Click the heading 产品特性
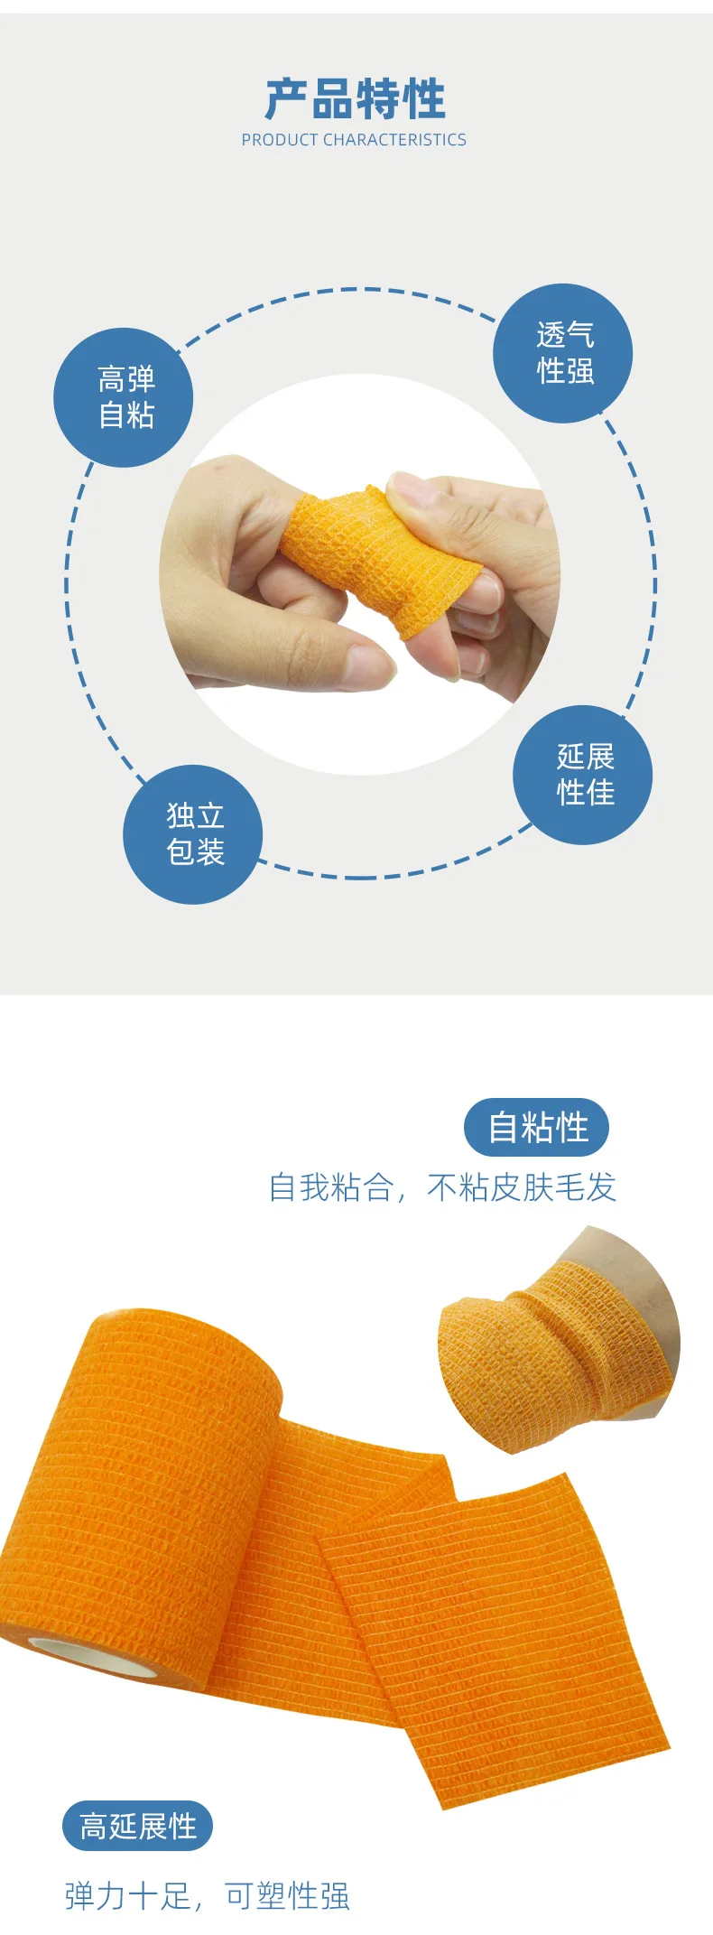coord(356,98)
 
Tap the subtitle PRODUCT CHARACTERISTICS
coord(354,140)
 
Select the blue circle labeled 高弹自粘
coord(124,397)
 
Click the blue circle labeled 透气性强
coord(563,353)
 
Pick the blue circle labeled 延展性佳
coord(583,775)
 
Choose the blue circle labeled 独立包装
coord(193,833)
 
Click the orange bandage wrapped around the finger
coord(379,560)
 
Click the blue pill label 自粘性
coord(537,1127)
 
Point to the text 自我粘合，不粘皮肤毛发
coord(442,1187)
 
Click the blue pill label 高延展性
coord(137,1826)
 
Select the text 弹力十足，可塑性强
coord(207,1896)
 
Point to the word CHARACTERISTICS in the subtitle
coord(395,140)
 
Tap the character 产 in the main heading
coord(286,98)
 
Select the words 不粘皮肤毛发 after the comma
coord(522,1187)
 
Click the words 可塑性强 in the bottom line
coord(287,1896)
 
